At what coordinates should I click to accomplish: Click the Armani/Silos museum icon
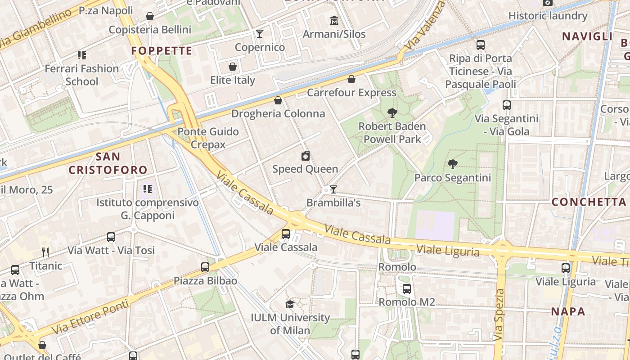334,21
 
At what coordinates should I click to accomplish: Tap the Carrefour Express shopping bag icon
351,80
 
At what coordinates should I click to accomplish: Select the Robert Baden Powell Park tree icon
392,113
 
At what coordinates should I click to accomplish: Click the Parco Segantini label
452,178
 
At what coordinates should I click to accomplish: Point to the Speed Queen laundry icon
306,156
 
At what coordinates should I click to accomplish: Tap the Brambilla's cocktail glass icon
333,189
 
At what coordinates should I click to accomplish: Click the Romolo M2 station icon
406,289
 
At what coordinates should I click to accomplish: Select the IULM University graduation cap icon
290,305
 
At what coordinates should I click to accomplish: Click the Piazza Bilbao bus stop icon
205,267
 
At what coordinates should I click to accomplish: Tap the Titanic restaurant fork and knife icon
45,252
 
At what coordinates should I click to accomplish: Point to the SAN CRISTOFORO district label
108,163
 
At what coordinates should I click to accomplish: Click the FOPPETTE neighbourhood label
162,51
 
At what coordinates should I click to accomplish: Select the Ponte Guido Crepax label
208,138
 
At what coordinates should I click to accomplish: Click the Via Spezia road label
499,315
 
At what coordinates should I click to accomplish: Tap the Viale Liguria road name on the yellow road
448,250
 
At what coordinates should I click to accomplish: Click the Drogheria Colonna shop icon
278,100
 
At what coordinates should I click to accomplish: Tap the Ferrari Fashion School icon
82,55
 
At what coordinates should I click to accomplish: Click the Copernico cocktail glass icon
260,34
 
